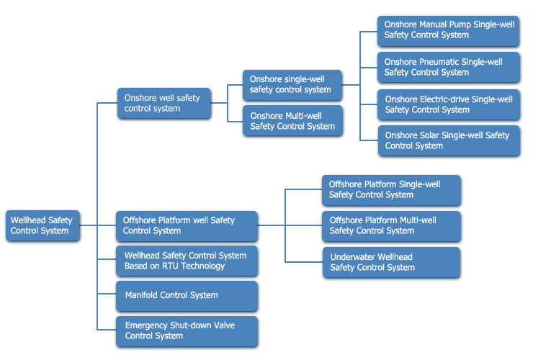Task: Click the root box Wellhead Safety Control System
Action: [x=42, y=226]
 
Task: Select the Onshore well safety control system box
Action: [x=164, y=104]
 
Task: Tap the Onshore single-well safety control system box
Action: [x=292, y=85]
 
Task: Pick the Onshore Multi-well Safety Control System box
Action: [x=292, y=121]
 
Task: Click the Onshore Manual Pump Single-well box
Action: [x=448, y=31]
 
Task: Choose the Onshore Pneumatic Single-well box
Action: [x=448, y=67]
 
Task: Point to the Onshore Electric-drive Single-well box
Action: [x=448, y=104]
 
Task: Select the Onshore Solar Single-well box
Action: [x=449, y=140]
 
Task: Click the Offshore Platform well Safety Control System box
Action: [x=187, y=226]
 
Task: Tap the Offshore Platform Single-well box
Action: [x=391, y=190]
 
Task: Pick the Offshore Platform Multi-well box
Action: [x=391, y=226]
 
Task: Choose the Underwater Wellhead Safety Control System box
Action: [x=391, y=262]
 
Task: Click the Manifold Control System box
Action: [x=187, y=296]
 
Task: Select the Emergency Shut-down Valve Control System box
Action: [x=187, y=331]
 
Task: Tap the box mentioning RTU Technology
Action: [x=187, y=261]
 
